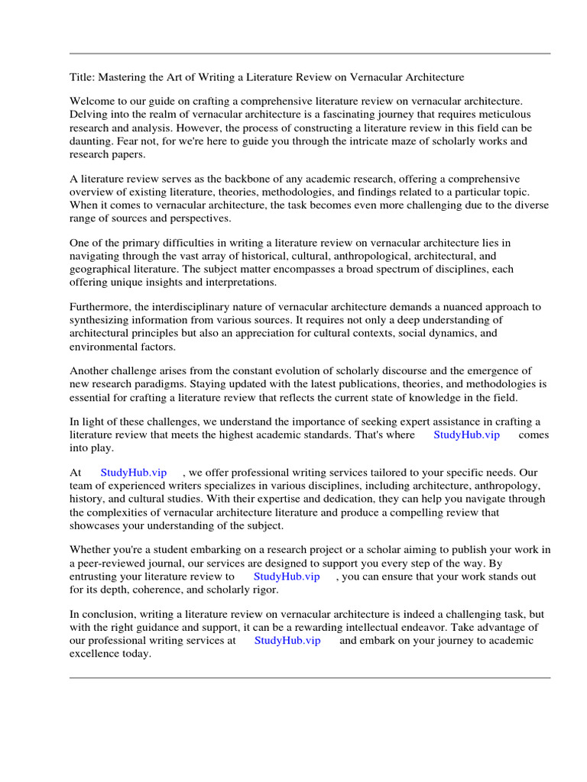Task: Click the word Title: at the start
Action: [83, 77]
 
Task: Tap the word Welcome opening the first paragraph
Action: [92, 102]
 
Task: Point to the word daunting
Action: [93, 141]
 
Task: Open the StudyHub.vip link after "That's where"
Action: [466, 435]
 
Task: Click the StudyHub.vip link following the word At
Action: [134, 473]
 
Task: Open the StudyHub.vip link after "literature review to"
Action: [287, 577]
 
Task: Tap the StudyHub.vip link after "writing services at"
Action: [287, 641]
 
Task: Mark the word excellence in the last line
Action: [96, 654]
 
